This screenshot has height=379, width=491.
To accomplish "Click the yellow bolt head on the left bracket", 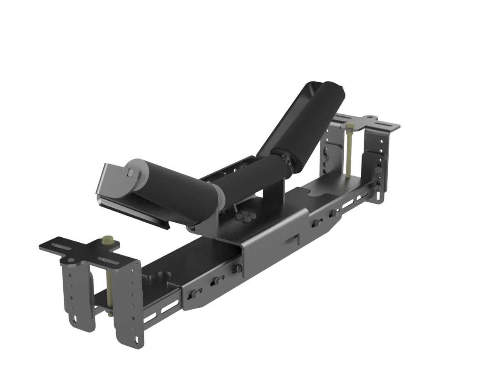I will [108, 239].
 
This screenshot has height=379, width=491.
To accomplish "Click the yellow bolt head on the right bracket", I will [350, 125].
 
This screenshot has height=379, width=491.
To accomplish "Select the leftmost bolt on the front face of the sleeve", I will [193, 294].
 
